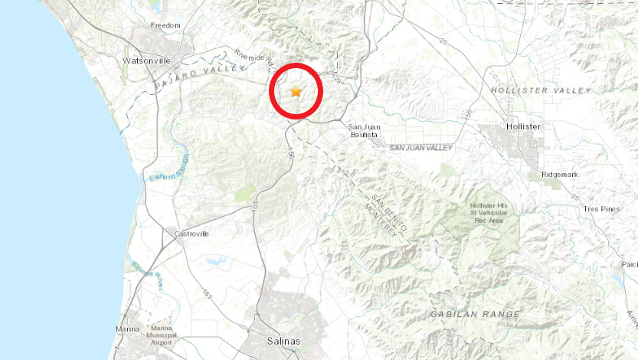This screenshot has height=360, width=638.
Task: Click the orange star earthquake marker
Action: point(296,92)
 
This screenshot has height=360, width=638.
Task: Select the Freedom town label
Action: point(165,25)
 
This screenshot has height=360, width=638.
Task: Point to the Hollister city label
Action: point(524,126)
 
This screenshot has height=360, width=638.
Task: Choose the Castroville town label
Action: point(191,234)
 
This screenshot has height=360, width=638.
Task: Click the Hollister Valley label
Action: point(541,90)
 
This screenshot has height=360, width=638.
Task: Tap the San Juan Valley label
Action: point(420,147)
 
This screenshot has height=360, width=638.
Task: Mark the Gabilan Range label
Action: point(475,314)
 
